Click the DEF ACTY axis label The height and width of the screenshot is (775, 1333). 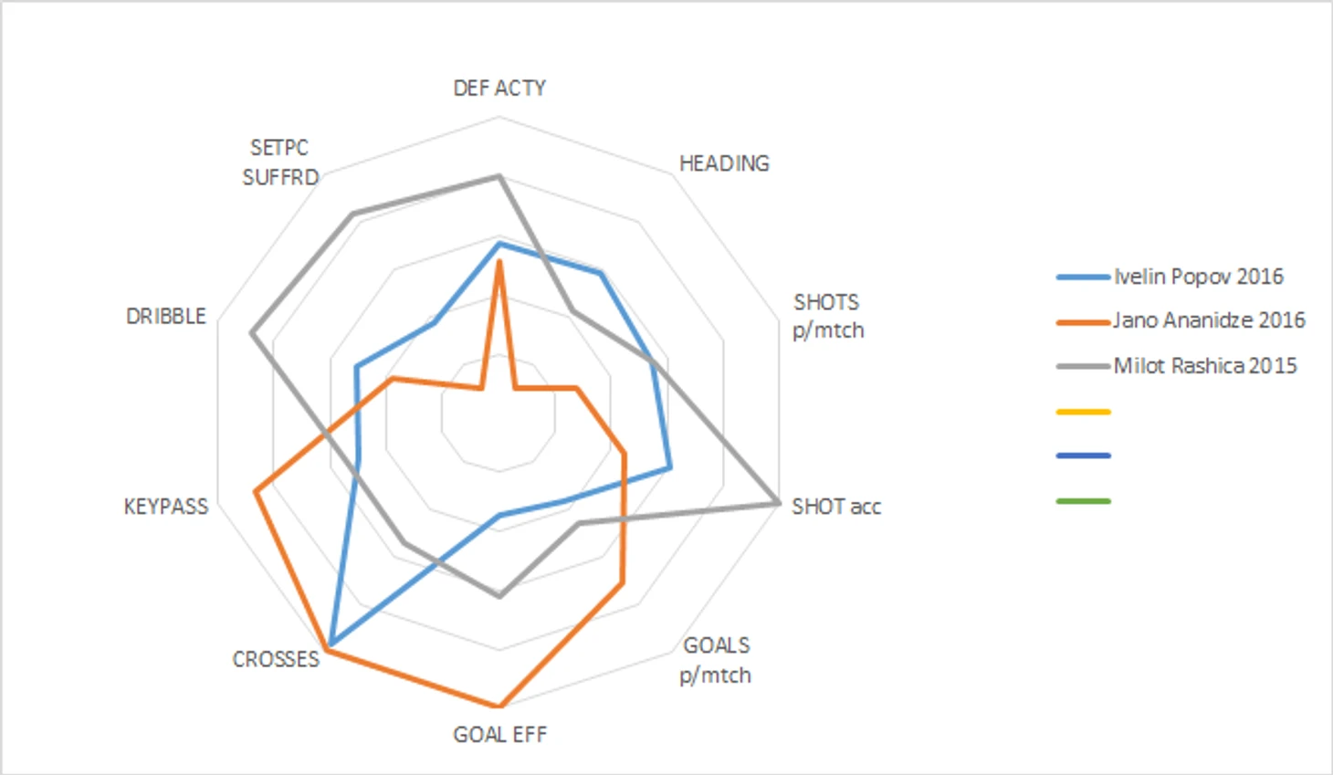tap(499, 88)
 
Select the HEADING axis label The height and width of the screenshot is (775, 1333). tap(724, 163)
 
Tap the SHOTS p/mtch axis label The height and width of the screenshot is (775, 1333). tap(827, 316)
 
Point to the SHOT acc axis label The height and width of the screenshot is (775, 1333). tap(835, 507)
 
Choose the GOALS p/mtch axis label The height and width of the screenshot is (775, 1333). tap(716, 660)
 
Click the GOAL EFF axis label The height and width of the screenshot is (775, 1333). tap(499, 735)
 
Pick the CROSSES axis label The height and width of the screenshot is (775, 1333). tap(276, 659)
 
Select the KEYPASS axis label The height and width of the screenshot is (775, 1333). tap(165, 507)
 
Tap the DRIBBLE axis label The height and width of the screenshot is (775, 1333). tap(165, 316)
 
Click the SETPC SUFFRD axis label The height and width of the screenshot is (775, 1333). tap(279, 162)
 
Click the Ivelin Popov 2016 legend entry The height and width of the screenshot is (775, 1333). tap(1198, 277)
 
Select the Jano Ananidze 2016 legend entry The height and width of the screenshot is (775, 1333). tap(1209, 320)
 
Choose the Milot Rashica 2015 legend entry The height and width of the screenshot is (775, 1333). tap(1204, 366)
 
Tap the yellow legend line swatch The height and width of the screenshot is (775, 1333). tap(1083, 413)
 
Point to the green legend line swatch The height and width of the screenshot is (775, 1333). tap(1083, 501)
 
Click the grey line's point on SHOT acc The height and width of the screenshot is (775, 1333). tap(777, 502)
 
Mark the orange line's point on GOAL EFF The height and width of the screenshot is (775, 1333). tap(499, 706)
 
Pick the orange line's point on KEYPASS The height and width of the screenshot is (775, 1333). tap(255, 493)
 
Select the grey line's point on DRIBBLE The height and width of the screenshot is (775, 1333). tap(251, 332)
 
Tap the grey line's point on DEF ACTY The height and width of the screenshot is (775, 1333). tap(499, 175)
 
